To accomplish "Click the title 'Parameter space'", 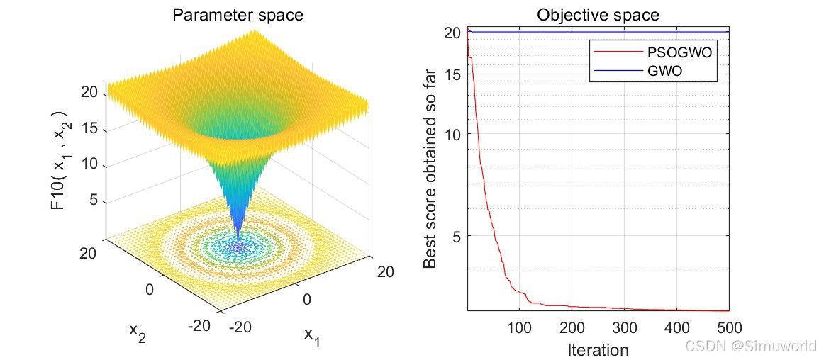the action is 237,15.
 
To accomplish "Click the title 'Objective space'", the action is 598,15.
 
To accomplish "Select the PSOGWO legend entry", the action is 653,52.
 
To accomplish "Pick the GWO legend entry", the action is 638,70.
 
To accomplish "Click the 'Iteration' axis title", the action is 598,349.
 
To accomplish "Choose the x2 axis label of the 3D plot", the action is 138,333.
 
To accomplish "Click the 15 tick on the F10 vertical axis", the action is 92,130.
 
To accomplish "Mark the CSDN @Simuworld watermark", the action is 750,345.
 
